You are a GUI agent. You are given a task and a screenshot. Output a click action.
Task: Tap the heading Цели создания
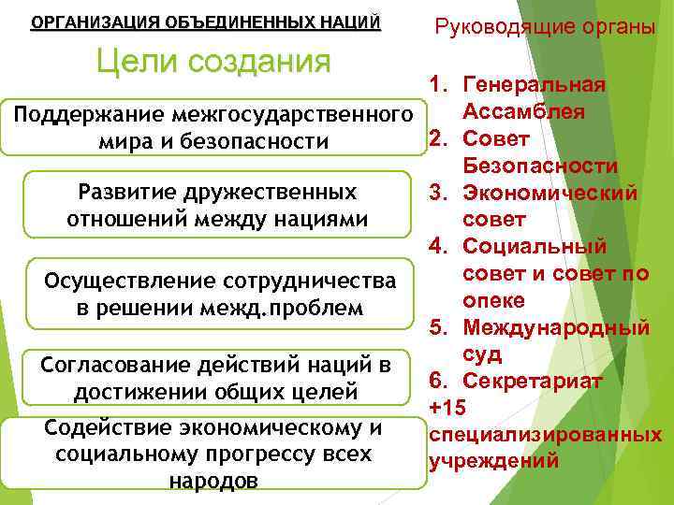click(x=214, y=62)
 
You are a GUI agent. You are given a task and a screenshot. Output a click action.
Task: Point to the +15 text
click(x=447, y=408)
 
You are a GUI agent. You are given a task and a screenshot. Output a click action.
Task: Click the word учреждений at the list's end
click(x=493, y=461)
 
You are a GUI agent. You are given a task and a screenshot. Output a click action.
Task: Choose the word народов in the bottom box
click(x=214, y=481)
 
